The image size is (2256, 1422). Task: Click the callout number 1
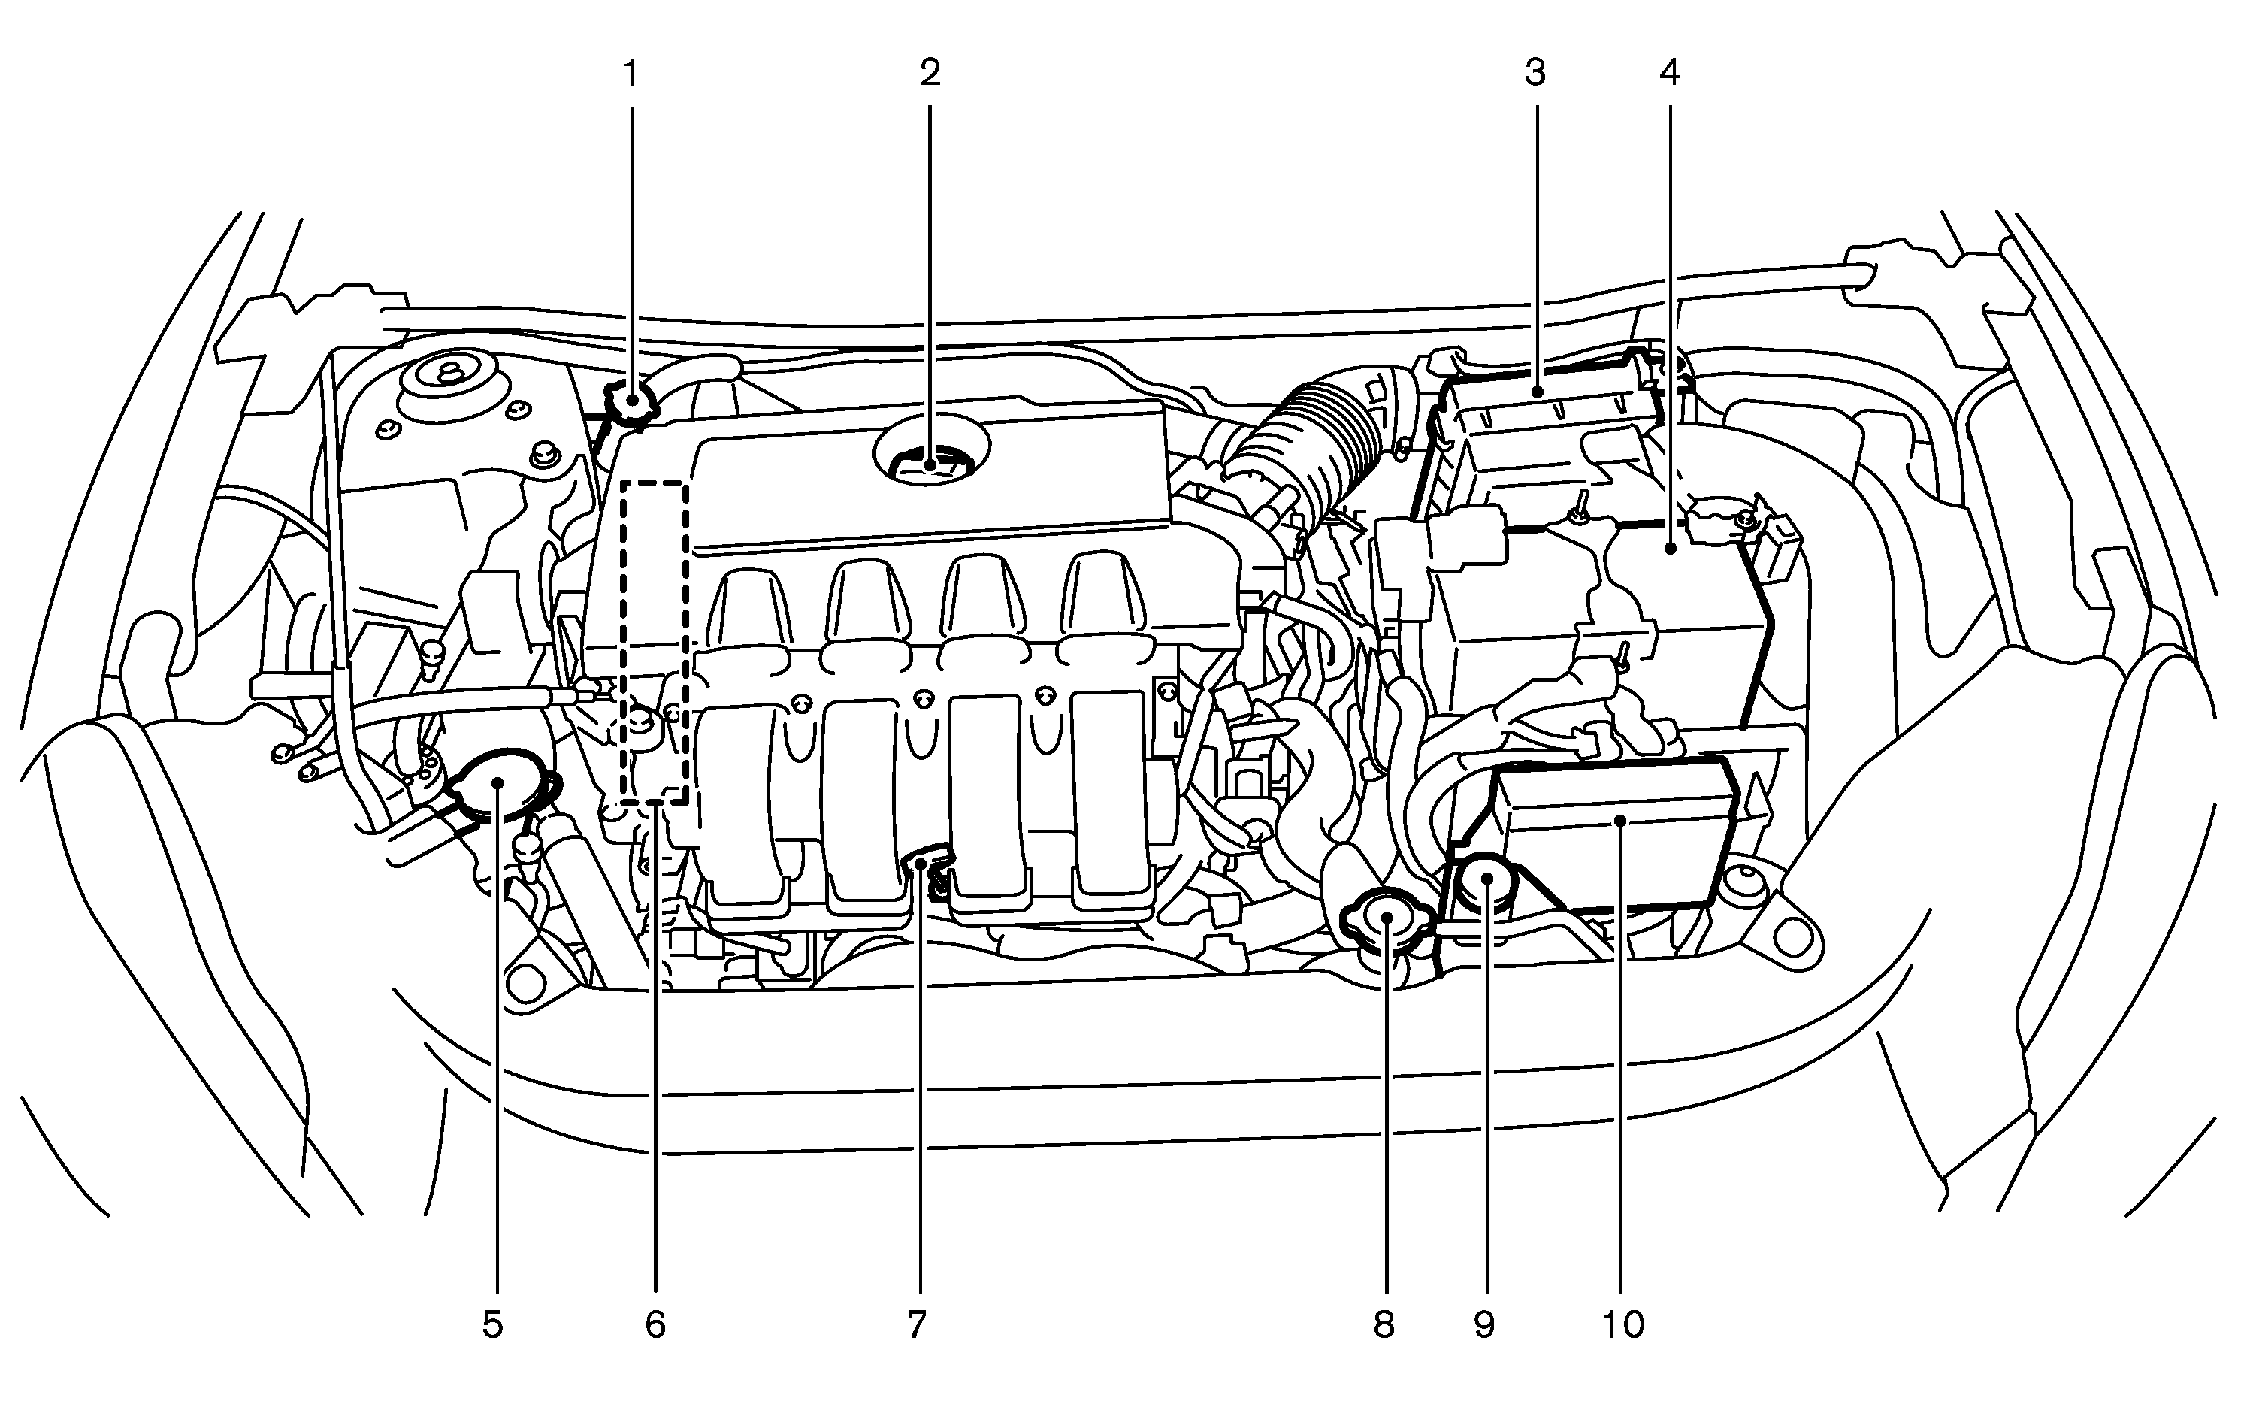631,72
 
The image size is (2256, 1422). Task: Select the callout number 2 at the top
930,72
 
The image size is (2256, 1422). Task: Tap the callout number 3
1535,72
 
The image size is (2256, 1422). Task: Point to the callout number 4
1670,72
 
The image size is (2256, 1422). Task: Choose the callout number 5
493,1324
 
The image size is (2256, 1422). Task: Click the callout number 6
655,1324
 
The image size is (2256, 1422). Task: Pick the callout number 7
916,1324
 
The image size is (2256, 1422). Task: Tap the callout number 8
1384,1324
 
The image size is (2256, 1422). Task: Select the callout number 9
1484,1324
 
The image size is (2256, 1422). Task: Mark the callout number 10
1622,1324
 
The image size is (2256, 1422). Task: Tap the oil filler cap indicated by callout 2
930,461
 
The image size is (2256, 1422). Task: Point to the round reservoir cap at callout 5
497,785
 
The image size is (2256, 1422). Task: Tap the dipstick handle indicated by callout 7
926,860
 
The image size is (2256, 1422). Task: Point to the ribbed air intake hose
1311,440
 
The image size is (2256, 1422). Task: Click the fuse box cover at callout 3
1546,412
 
